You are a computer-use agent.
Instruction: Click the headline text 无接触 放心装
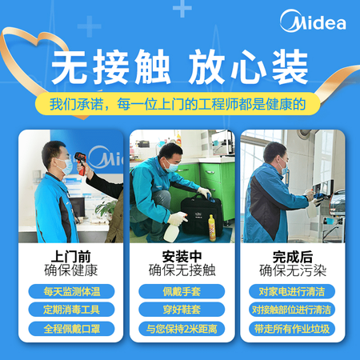pyautogui.click(x=179, y=69)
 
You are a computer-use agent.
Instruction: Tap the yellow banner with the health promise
pyautogui.click(x=179, y=105)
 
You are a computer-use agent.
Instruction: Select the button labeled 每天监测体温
pyautogui.click(x=70, y=291)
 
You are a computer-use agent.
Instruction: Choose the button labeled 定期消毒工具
pyautogui.click(x=70, y=310)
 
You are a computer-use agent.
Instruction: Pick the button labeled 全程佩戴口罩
pyautogui.click(x=70, y=328)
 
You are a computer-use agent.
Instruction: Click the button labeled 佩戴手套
pyautogui.click(x=179, y=291)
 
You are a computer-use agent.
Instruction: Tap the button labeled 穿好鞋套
pyautogui.click(x=179, y=310)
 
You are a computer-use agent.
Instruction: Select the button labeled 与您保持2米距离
pyautogui.click(x=179, y=328)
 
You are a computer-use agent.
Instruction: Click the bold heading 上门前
pyautogui.click(x=70, y=255)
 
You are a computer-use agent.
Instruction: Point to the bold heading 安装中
pyautogui.click(x=179, y=255)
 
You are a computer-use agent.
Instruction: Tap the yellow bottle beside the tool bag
pyautogui.click(x=212, y=226)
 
